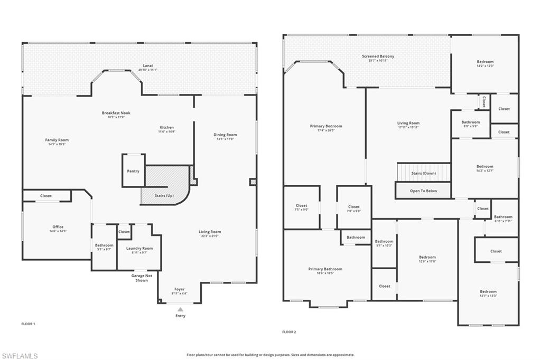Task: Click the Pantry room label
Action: (x=133, y=171)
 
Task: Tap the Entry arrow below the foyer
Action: (x=180, y=309)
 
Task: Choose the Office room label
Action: (x=58, y=227)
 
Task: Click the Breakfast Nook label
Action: (x=116, y=113)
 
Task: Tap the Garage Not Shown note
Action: (x=142, y=278)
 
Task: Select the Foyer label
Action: (x=180, y=289)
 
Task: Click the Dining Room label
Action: (x=225, y=135)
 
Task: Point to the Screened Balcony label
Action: (x=378, y=56)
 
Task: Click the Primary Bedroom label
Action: (x=326, y=126)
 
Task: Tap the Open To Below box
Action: (x=423, y=191)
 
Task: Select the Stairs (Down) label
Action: (x=423, y=173)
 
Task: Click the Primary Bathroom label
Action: (x=325, y=269)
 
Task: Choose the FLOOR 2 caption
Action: (x=289, y=332)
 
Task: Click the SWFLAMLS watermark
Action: (x=20, y=356)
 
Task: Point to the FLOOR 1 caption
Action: (x=28, y=324)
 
